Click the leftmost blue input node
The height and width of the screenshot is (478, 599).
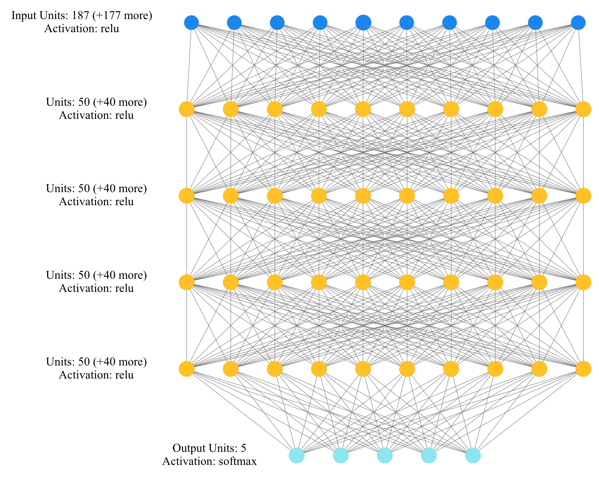click(191, 23)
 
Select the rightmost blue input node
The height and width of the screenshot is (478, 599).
click(578, 23)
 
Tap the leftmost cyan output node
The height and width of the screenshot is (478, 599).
click(297, 455)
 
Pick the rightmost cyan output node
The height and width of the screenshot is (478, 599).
click(473, 455)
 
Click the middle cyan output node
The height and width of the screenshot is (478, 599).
click(385, 455)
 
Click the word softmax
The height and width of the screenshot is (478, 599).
click(238, 461)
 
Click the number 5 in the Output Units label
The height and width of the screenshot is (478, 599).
click(244, 448)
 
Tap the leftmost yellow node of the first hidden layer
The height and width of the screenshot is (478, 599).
click(186, 109)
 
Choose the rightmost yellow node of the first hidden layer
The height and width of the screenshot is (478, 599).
click(583, 109)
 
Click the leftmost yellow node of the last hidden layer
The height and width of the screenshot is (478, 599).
click(186, 369)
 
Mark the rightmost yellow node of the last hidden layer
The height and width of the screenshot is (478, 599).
click(583, 369)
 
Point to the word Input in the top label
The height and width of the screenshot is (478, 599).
click(22, 15)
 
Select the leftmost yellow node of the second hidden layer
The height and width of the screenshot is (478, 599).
click(186, 196)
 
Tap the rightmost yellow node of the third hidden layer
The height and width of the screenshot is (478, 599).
click(583, 282)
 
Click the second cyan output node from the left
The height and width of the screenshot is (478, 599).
click(341, 455)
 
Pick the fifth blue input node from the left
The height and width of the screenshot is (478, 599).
click(363, 23)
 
